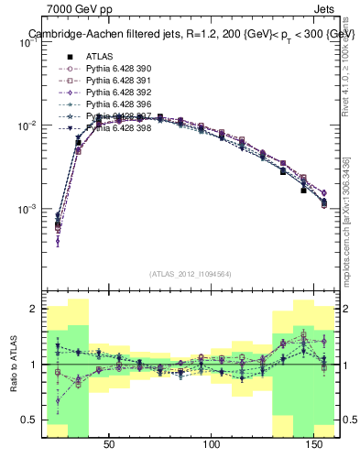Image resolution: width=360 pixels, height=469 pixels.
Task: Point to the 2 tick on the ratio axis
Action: [x=31, y=309]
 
